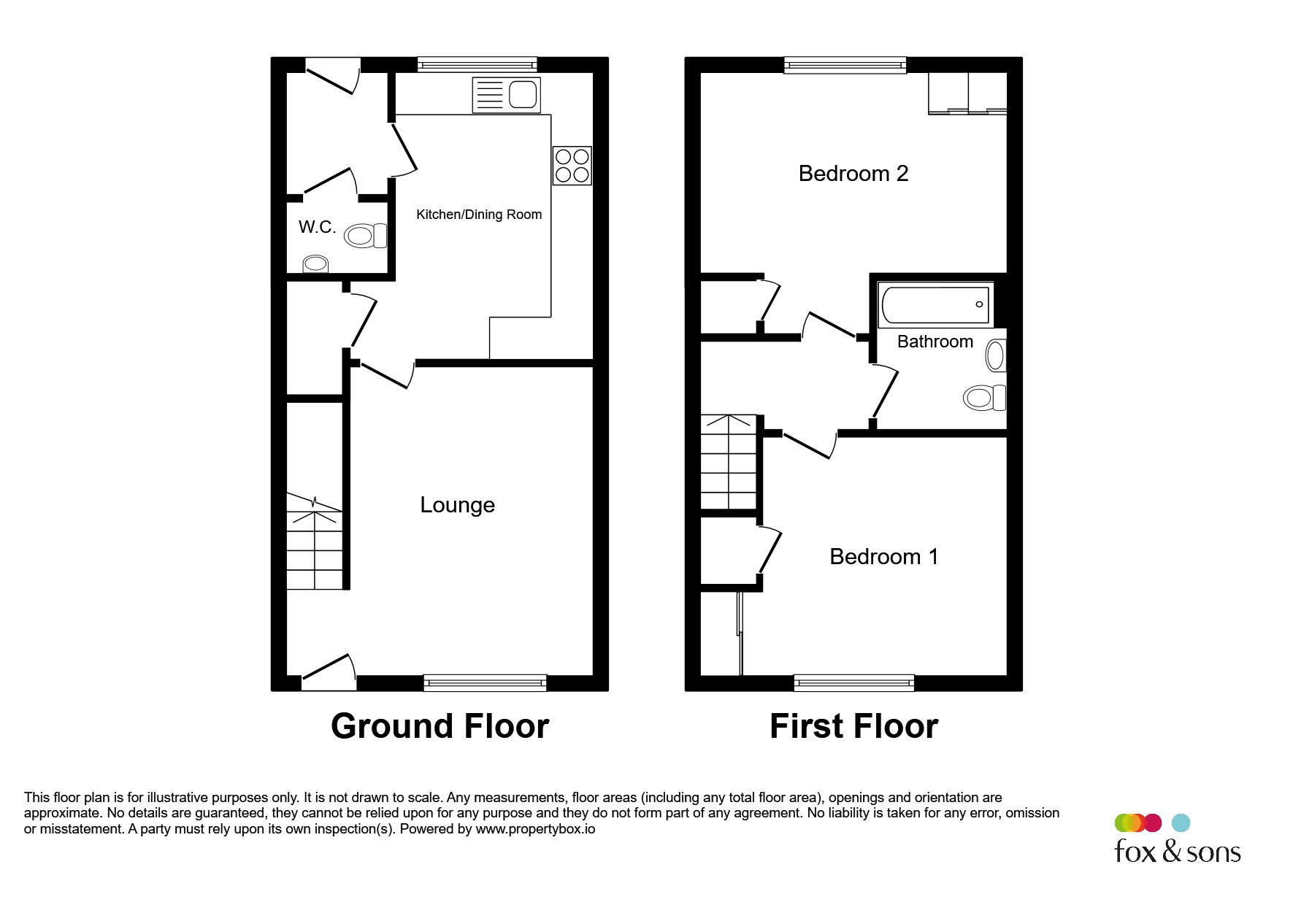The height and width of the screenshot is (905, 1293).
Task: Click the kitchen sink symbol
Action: click(x=507, y=95)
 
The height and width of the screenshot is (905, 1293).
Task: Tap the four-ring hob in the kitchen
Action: click(x=572, y=166)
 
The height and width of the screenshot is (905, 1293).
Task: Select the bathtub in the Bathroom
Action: click(x=935, y=305)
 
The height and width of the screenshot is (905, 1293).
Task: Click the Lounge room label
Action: click(x=458, y=505)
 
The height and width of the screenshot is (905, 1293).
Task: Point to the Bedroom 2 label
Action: click(x=853, y=174)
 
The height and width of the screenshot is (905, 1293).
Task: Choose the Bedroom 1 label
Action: click(x=883, y=557)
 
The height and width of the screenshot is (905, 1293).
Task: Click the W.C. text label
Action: click(x=318, y=227)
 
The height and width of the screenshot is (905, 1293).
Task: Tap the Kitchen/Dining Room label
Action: click(x=479, y=215)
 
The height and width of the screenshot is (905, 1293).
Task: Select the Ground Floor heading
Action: click(x=440, y=726)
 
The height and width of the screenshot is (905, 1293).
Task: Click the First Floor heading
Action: click(x=853, y=726)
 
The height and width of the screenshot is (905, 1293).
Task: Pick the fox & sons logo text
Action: click(x=1178, y=851)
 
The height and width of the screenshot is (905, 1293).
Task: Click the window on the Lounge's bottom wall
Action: click(x=485, y=682)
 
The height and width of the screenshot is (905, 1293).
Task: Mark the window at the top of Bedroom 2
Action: click(x=845, y=66)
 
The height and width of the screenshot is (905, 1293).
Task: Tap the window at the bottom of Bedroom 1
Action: click(x=854, y=682)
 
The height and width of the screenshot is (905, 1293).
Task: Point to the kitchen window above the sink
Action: click(x=477, y=65)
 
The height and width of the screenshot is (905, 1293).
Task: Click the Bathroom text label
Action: click(x=935, y=342)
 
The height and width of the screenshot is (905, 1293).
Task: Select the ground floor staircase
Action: click(x=314, y=541)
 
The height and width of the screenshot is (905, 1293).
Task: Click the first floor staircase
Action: click(x=729, y=462)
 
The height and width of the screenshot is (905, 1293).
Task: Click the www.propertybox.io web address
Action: click(x=535, y=829)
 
